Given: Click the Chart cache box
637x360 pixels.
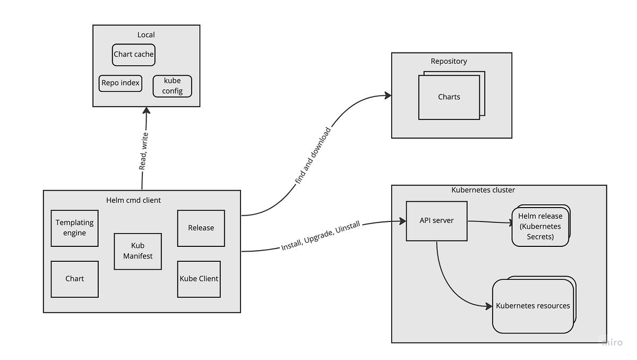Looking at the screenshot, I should coord(134,54).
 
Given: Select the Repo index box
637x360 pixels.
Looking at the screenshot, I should coord(120,83).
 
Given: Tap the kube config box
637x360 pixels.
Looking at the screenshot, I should coord(172,86).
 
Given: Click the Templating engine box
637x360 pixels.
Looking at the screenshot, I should coord(74,228).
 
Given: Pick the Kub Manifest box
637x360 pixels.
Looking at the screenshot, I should coord(137,251).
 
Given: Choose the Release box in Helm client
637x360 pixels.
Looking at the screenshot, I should coord(201,228).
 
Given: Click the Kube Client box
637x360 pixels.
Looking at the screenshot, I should coord(199,279).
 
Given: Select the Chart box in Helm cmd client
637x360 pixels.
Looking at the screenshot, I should coord(74,279).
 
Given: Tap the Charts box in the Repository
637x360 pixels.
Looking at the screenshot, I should coord(449,97).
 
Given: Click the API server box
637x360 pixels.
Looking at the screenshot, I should coord(436,220).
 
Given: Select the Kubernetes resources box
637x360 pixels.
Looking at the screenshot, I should coord(532,306).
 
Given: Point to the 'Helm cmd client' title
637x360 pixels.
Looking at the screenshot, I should coord(133,200).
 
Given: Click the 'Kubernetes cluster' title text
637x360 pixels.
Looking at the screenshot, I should coord(483,190).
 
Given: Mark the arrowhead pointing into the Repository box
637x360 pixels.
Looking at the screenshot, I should coord(388,96).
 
